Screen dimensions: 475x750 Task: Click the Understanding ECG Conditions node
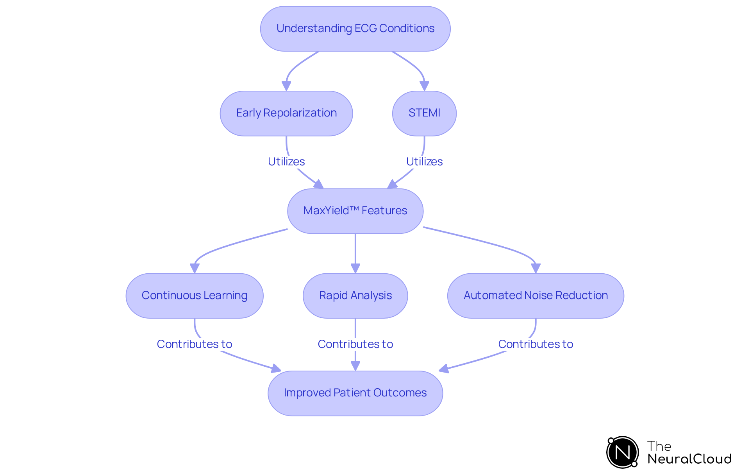(x=355, y=29)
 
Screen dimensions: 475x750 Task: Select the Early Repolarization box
(x=286, y=113)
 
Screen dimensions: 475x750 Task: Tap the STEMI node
(x=424, y=113)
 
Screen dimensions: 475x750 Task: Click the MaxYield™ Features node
(x=355, y=211)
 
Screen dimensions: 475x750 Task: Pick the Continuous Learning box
(x=195, y=296)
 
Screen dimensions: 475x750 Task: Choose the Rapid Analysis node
(x=355, y=296)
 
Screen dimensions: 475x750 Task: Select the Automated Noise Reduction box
(x=536, y=296)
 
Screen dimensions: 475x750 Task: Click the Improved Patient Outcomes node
(x=355, y=393)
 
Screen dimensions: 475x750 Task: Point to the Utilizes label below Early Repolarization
(x=286, y=161)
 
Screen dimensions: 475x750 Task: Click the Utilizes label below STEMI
(x=424, y=161)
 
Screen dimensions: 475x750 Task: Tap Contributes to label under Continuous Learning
(x=195, y=344)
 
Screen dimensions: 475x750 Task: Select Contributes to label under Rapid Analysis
(x=355, y=344)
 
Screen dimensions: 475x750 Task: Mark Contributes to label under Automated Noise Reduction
(x=536, y=344)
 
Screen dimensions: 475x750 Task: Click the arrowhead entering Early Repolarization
(x=286, y=86)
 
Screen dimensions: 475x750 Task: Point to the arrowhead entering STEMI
(x=424, y=86)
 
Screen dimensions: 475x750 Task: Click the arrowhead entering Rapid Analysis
(x=355, y=268)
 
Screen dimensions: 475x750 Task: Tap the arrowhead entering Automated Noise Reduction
(x=536, y=268)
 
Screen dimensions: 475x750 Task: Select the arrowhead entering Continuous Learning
(x=195, y=268)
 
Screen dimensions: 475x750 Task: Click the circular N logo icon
(x=622, y=452)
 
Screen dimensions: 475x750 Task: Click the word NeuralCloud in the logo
(x=689, y=459)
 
